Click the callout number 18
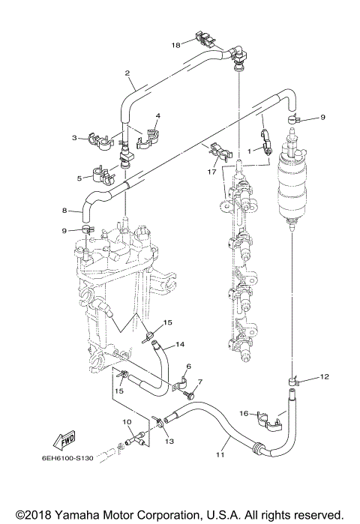click(175, 45)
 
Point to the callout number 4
click(157, 116)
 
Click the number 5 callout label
click(79, 178)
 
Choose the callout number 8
click(65, 211)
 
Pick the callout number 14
click(179, 346)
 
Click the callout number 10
click(126, 423)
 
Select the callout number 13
click(169, 442)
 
